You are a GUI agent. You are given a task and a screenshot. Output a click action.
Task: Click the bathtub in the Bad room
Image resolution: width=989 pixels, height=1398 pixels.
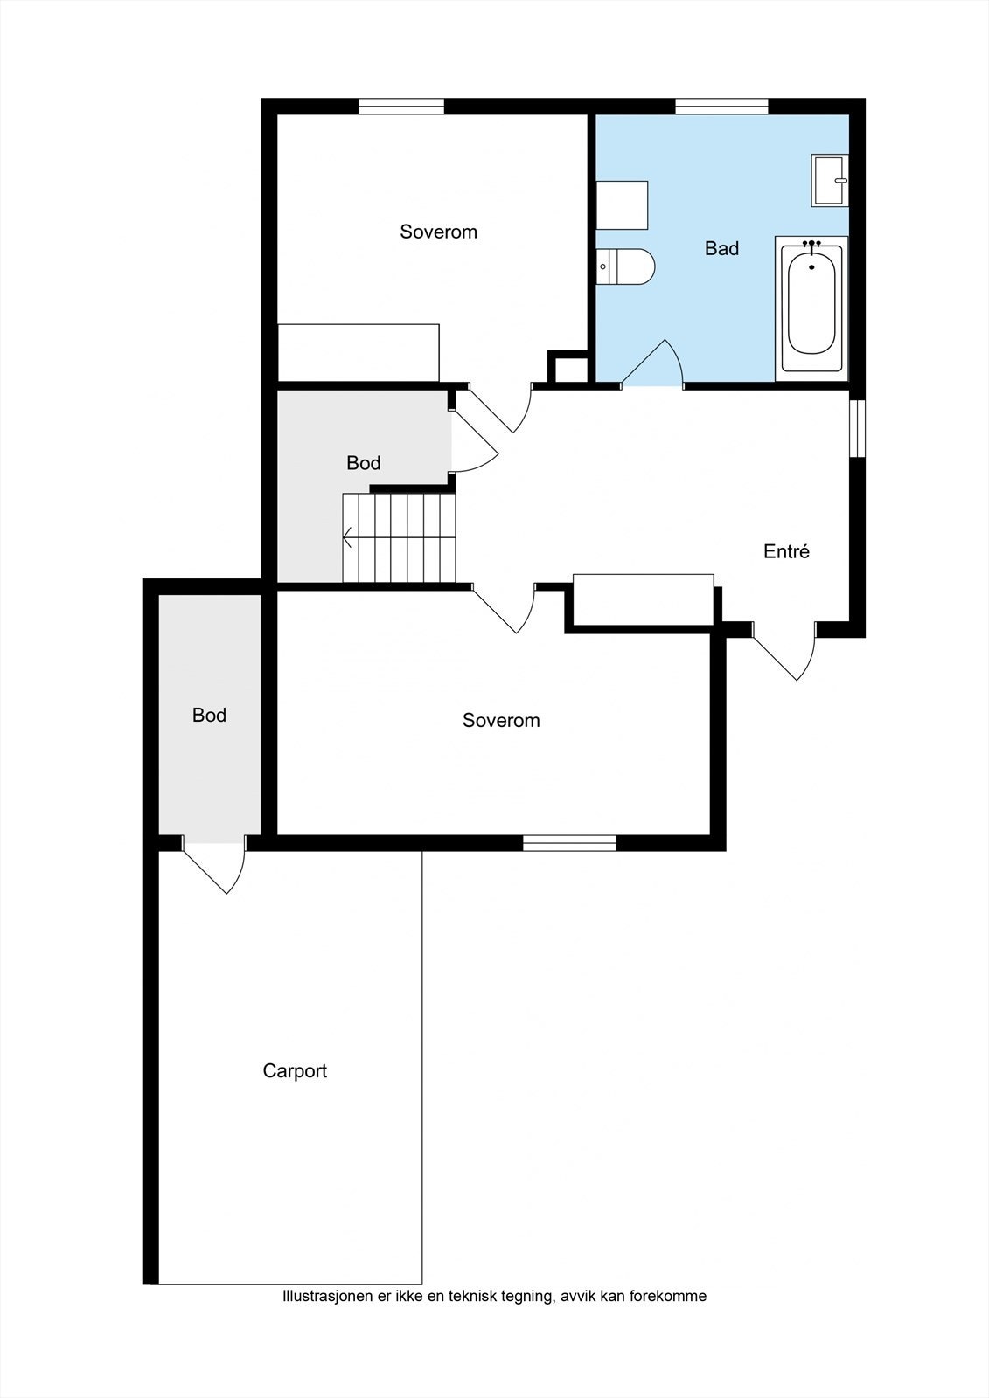(x=811, y=308)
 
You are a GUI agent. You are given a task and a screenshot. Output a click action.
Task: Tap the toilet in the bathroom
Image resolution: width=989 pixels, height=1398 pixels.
(x=624, y=266)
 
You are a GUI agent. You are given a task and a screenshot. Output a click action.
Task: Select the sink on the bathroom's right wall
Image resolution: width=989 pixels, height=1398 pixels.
(x=830, y=180)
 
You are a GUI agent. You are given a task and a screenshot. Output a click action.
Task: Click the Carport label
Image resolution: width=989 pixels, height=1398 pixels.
(x=295, y=1071)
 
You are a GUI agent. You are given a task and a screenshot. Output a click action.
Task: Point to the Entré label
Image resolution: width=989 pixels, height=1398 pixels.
(x=787, y=551)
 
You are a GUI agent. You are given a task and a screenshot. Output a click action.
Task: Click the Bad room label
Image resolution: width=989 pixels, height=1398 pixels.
(x=721, y=248)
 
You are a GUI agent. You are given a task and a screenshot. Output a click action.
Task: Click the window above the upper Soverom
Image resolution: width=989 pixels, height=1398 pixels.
(x=401, y=107)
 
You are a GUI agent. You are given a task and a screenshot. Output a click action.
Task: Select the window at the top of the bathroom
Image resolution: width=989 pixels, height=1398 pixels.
(x=721, y=107)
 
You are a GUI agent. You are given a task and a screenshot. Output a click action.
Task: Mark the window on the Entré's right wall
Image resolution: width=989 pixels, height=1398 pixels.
(x=857, y=428)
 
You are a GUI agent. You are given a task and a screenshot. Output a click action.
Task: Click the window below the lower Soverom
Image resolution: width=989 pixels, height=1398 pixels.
(x=569, y=843)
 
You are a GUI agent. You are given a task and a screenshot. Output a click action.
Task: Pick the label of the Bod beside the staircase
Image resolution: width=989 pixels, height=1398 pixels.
(x=364, y=463)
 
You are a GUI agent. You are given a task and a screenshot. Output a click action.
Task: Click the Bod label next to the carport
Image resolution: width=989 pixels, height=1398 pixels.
(x=209, y=716)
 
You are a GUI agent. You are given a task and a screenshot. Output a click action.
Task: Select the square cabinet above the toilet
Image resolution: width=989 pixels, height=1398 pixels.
(x=622, y=205)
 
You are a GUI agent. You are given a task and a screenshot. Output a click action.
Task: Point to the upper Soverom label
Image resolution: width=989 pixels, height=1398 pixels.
(x=439, y=232)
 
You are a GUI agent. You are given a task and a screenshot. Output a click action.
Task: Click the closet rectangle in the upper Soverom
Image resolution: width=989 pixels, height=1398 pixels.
(x=359, y=353)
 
